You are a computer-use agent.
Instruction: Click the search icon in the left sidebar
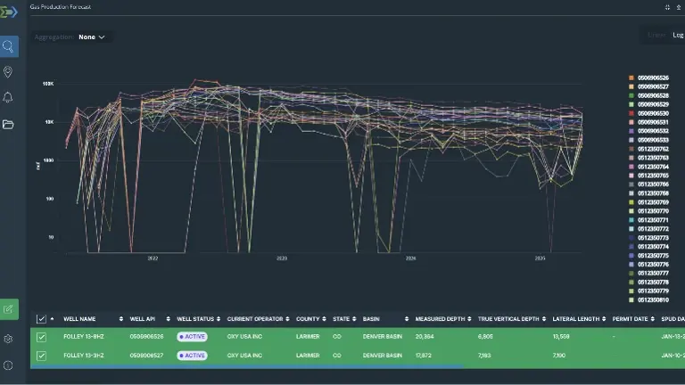[x=9, y=46]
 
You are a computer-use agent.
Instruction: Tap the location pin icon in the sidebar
[x=9, y=72]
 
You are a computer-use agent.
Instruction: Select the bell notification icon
[x=9, y=97]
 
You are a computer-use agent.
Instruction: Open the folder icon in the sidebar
[x=9, y=124]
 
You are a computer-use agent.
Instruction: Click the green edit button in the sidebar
[x=9, y=309]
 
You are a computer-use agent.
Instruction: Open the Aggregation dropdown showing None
[x=91, y=37]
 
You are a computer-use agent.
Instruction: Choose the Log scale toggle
[x=678, y=35]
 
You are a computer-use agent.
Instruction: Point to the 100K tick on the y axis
[x=48, y=84]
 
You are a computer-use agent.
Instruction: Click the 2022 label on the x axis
[x=153, y=258]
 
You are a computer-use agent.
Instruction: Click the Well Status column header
[x=195, y=318]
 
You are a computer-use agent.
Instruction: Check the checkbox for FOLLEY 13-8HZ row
[x=41, y=337]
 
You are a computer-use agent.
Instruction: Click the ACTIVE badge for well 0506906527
[x=192, y=355]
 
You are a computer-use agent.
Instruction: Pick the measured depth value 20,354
[x=425, y=337]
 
